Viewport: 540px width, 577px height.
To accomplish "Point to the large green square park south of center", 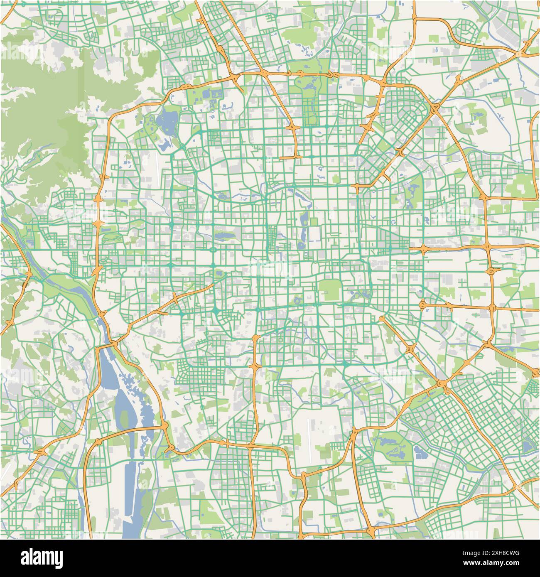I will [x=329, y=290].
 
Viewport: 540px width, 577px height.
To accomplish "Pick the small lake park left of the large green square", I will [x=298, y=298].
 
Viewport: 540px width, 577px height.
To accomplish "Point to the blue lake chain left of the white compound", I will [x=302, y=226].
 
